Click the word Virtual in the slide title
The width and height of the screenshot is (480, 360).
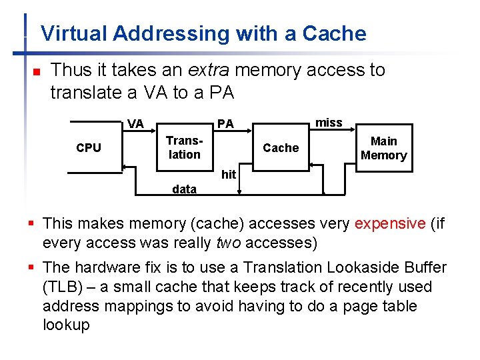pos(74,33)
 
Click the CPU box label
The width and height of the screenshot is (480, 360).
pos(89,148)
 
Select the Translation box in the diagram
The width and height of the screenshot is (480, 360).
pos(184,147)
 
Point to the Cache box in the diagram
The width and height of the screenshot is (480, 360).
pos(281,148)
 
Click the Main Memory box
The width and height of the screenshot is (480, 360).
pos(383,148)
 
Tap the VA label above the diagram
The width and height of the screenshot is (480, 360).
pos(135,123)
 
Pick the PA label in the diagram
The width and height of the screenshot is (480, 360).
pos(225,124)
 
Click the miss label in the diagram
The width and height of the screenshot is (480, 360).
pos(328,123)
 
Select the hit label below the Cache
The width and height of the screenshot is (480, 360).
pos(229,175)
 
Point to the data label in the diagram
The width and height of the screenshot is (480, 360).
pos(184,189)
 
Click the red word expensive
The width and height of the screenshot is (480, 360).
pos(390,223)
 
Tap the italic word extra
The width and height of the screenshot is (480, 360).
pos(211,70)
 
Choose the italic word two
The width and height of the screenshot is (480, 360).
pos(228,243)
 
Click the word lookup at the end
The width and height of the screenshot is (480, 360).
pos(65,325)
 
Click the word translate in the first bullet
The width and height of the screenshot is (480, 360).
pos(85,93)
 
